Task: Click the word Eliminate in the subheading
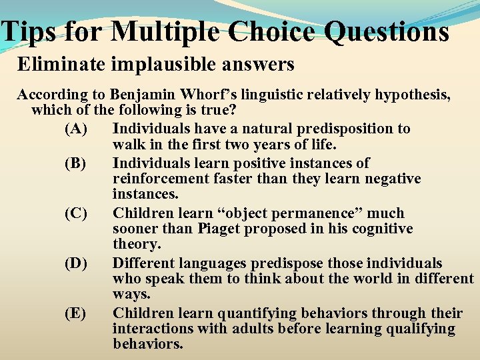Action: tap(54, 65)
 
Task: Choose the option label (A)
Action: tap(76, 128)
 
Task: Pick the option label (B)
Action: tap(76, 163)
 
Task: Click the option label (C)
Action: tap(76, 213)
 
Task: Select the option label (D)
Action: tap(76, 263)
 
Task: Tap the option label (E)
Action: tap(76, 313)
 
